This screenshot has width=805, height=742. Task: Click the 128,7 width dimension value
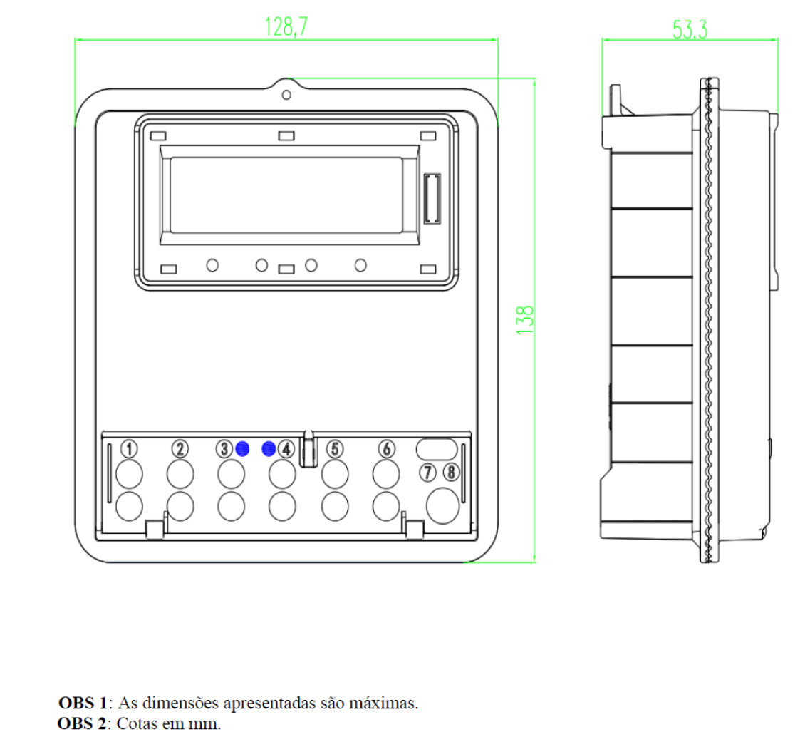click(286, 26)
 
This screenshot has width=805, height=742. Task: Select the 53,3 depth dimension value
click(690, 30)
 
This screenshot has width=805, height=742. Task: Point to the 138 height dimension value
click(525, 321)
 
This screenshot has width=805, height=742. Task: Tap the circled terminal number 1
click(129, 449)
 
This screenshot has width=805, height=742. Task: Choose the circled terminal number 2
click(180, 449)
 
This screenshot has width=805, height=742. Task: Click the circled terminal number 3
click(224, 449)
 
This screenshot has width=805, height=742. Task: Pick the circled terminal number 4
click(286, 449)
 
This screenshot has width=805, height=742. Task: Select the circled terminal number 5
click(335, 449)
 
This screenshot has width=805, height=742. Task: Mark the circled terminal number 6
click(387, 449)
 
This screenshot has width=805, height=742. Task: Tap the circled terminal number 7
click(427, 473)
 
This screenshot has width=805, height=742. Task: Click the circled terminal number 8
click(451, 472)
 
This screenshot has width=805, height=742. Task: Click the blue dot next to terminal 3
click(242, 449)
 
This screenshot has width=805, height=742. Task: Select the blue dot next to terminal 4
click(269, 449)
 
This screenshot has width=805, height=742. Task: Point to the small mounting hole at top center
click(286, 95)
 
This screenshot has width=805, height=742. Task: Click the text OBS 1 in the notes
click(83, 703)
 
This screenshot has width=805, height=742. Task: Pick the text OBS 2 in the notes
click(82, 723)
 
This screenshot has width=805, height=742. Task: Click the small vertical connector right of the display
click(432, 199)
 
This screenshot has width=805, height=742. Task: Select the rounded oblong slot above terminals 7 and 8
click(437, 449)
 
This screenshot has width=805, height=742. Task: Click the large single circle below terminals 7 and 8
click(442, 506)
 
